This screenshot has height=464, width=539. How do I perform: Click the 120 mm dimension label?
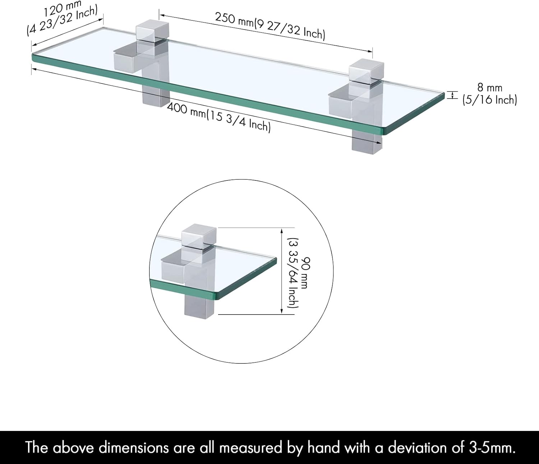tap(62, 8)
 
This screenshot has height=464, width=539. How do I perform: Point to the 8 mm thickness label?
tap(490, 88)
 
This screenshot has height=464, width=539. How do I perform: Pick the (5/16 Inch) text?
tap(490, 100)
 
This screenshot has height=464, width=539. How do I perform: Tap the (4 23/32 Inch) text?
tap(62, 21)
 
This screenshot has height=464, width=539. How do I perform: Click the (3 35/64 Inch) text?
tap(293, 273)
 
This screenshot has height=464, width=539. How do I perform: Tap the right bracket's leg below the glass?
tap(367, 143)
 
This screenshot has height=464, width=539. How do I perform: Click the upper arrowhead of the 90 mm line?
tap(282, 231)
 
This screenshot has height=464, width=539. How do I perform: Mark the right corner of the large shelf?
tap(444, 94)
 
